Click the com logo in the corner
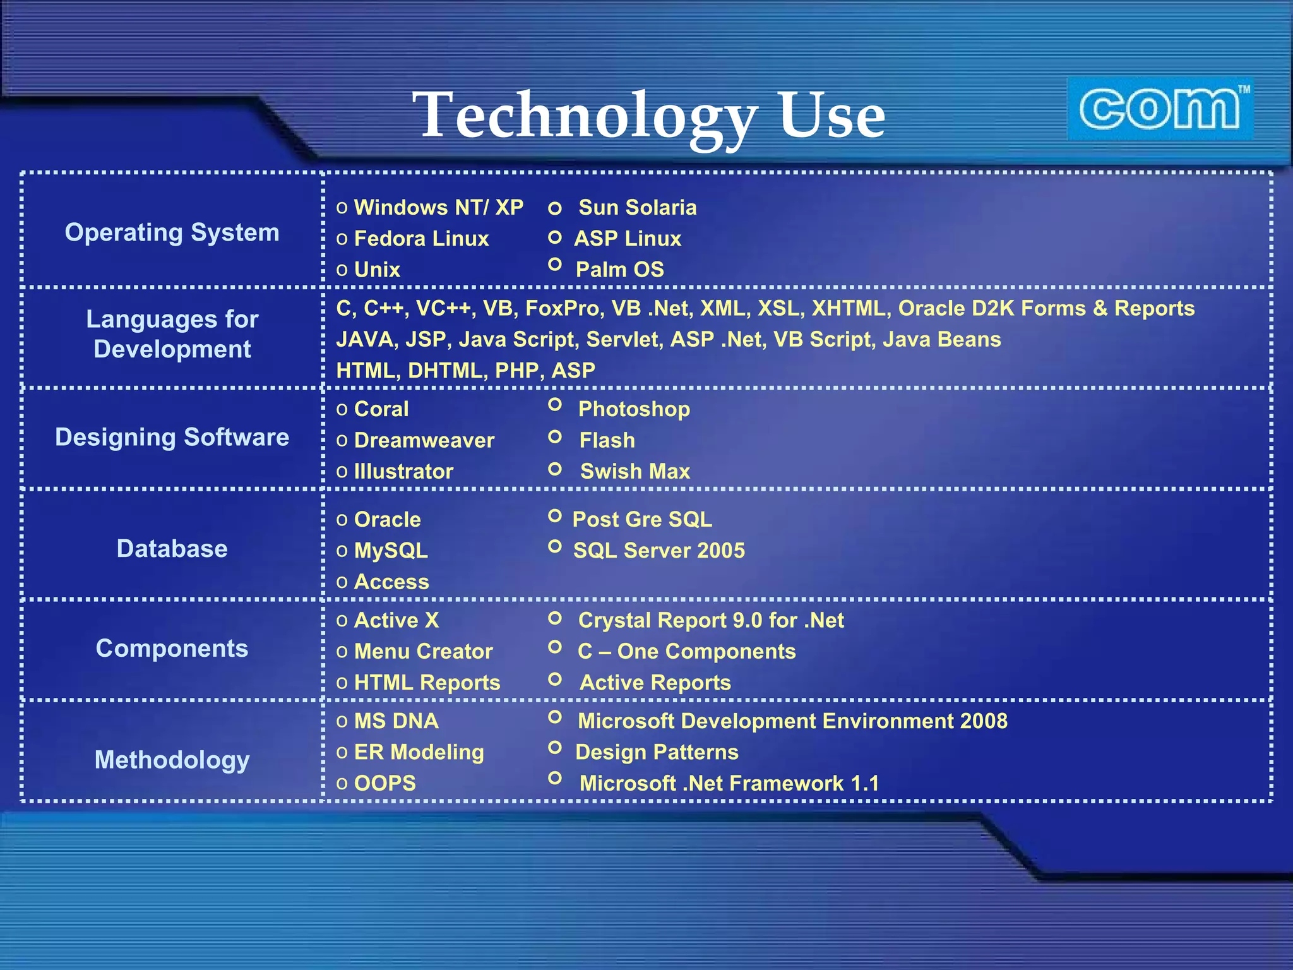[x=1160, y=109]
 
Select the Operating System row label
[x=172, y=232]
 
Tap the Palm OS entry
[x=619, y=270]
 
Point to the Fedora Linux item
[x=421, y=239]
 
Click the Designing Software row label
[x=172, y=437]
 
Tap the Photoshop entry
[x=634, y=409]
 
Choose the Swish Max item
[x=635, y=471]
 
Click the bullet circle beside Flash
[x=555, y=436]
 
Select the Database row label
[x=172, y=548]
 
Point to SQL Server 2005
[x=658, y=551]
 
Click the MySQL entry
[x=391, y=551]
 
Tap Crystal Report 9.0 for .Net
[x=710, y=620]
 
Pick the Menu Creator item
[x=423, y=651]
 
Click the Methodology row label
[x=172, y=760]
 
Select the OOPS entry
[x=384, y=783]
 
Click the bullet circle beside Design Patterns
[x=555, y=748]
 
